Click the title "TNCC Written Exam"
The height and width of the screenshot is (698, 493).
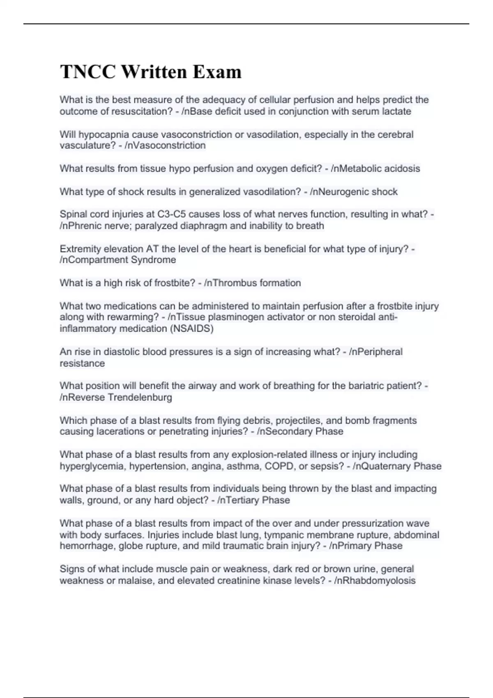click(x=151, y=72)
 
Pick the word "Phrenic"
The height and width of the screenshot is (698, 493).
click(x=84, y=225)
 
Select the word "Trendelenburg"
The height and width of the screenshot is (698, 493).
click(x=140, y=397)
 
